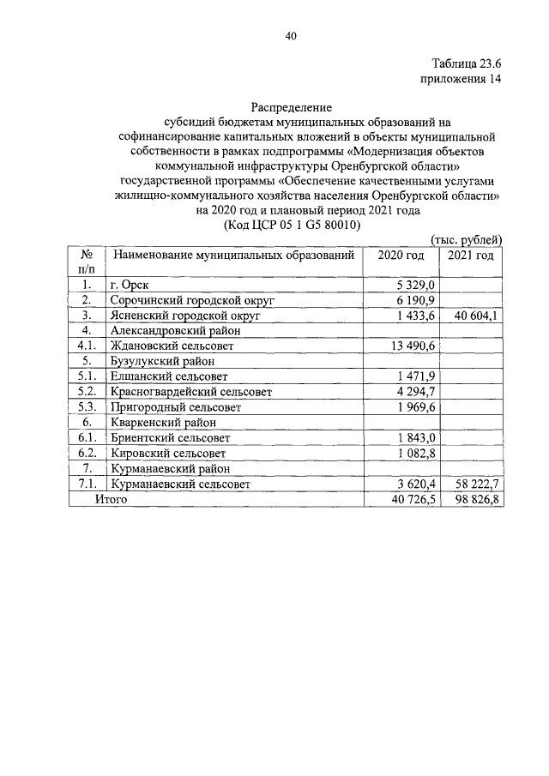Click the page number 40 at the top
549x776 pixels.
(x=290, y=36)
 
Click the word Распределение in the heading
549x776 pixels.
(x=290, y=108)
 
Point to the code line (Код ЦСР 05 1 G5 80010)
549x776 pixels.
(x=290, y=225)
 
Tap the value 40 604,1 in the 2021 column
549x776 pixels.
(x=473, y=315)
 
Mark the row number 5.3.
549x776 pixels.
(x=87, y=406)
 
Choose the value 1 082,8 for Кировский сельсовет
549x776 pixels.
(x=417, y=453)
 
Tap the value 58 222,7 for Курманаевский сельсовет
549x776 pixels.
(x=473, y=484)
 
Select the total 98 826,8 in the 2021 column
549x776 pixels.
(x=473, y=499)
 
